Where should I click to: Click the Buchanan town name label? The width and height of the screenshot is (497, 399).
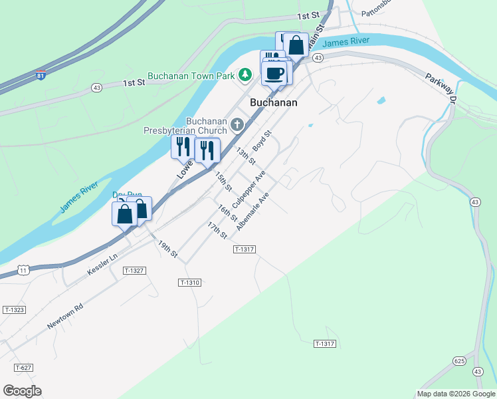273,103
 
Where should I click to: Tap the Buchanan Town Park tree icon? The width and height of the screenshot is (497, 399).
245,75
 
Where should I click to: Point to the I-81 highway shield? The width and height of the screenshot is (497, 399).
41,76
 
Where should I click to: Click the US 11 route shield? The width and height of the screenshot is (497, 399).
23,270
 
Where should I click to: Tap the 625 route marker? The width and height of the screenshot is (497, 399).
460,360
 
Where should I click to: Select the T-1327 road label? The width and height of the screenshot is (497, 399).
134,271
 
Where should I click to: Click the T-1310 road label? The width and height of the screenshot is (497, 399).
189,283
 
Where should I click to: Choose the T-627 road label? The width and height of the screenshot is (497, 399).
23,368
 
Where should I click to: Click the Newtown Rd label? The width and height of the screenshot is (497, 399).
65,317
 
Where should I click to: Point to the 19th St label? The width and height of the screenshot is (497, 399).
168,249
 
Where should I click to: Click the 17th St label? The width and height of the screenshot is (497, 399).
217,231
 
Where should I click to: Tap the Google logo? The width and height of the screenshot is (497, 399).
22,391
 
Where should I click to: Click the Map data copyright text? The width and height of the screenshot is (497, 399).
456,394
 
